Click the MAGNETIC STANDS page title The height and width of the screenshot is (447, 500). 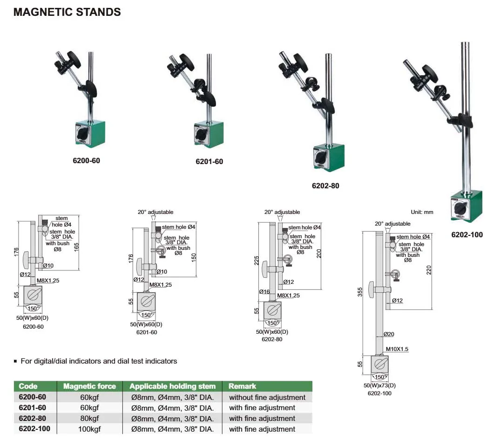(x=67, y=12)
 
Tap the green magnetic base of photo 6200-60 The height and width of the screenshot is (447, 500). (x=89, y=134)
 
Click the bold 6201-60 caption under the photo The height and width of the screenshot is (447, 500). (x=209, y=162)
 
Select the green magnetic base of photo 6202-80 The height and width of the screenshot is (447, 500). (x=329, y=157)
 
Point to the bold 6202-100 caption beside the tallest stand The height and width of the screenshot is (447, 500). (x=467, y=234)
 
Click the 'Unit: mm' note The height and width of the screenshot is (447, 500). (x=422, y=212)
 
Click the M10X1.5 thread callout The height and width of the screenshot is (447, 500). (x=397, y=349)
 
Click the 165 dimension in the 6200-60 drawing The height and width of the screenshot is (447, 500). (x=83, y=246)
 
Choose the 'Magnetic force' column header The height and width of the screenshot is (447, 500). (x=89, y=386)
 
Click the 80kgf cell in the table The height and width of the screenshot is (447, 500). (x=89, y=418)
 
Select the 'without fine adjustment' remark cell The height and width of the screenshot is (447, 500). (x=267, y=398)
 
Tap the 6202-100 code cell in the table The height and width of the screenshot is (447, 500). (x=34, y=428)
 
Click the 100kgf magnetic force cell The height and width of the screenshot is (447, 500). (x=89, y=429)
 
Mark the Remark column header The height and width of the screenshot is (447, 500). (x=242, y=386)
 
